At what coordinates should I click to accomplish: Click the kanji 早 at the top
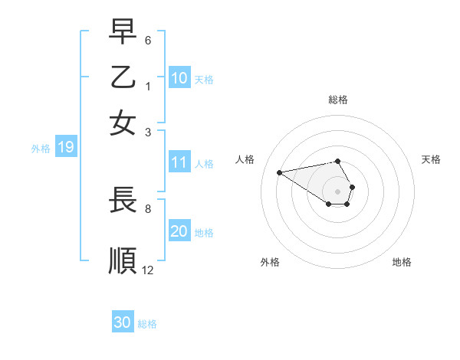click(123, 32)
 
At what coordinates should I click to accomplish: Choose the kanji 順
click(123, 260)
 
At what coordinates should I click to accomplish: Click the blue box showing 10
click(179, 78)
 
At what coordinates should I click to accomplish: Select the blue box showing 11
click(179, 162)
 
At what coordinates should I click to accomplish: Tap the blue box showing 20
click(179, 232)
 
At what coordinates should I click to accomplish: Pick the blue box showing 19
click(66, 148)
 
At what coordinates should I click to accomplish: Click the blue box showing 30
click(123, 322)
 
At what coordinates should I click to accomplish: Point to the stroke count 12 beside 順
click(147, 270)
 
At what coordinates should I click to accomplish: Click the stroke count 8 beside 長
click(148, 208)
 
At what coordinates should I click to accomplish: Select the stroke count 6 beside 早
click(148, 39)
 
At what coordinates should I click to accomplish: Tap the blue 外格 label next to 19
click(41, 149)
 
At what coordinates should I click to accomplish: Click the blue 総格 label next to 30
click(147, 324)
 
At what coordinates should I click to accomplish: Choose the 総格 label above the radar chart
click(338, 100)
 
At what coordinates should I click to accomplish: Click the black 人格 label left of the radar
click(245, 159)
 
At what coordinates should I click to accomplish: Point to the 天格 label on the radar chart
click(431, 159)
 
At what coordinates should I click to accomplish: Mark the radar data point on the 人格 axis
click(279, 172)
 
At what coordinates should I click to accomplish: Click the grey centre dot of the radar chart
click(338, 191)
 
